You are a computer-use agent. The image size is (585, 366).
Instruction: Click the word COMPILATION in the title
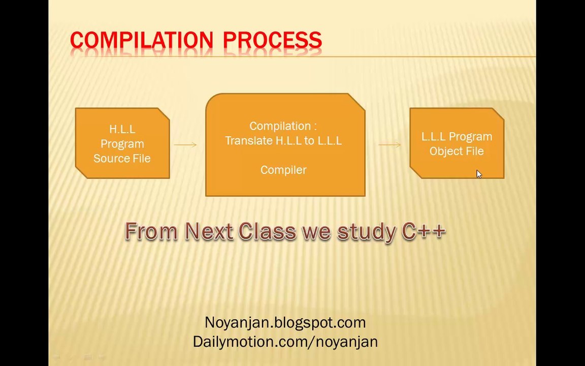[141, 40]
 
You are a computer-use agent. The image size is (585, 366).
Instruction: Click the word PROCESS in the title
[272, 40]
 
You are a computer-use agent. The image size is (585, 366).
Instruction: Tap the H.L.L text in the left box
[122, 130]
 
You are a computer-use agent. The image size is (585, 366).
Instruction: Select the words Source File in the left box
[122, 159]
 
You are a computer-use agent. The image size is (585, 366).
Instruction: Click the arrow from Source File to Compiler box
[185, 145]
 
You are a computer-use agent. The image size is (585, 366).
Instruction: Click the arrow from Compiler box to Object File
[389, 145]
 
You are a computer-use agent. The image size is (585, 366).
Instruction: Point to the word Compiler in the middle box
[283, 170]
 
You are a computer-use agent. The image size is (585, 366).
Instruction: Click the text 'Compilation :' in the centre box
[283, 126]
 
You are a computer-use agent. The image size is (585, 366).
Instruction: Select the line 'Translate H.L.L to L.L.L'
[283, 141]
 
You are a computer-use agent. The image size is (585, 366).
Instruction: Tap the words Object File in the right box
[457, 151]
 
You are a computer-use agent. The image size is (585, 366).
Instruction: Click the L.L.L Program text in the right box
[457, 137]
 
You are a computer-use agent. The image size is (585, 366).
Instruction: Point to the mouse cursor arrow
[479, 174]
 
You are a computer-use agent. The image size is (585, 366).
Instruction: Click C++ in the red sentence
[424, 231]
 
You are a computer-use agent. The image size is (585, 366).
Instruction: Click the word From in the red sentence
[151, 231]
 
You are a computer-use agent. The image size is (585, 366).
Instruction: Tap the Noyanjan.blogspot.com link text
[285, 322]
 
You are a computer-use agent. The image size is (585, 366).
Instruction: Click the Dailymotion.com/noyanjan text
[285, 342]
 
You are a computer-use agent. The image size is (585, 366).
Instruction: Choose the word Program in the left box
[122, 144]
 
